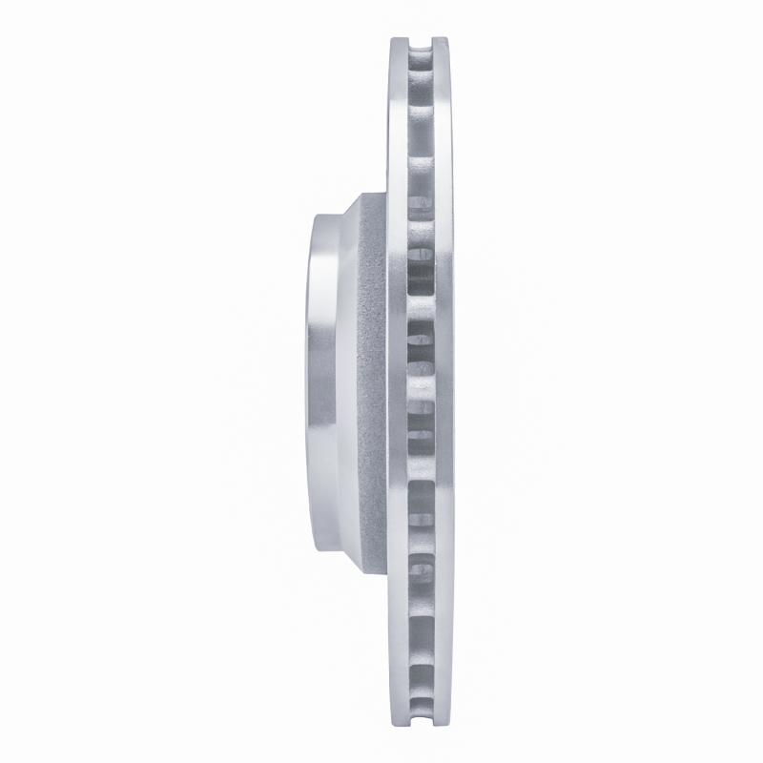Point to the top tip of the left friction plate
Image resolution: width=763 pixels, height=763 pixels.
398,39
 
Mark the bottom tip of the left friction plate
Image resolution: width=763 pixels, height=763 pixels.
398,723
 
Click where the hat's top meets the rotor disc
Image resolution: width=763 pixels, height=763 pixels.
386,194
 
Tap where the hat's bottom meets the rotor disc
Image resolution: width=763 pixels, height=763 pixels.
386,569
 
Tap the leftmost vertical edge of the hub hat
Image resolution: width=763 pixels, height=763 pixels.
308,381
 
